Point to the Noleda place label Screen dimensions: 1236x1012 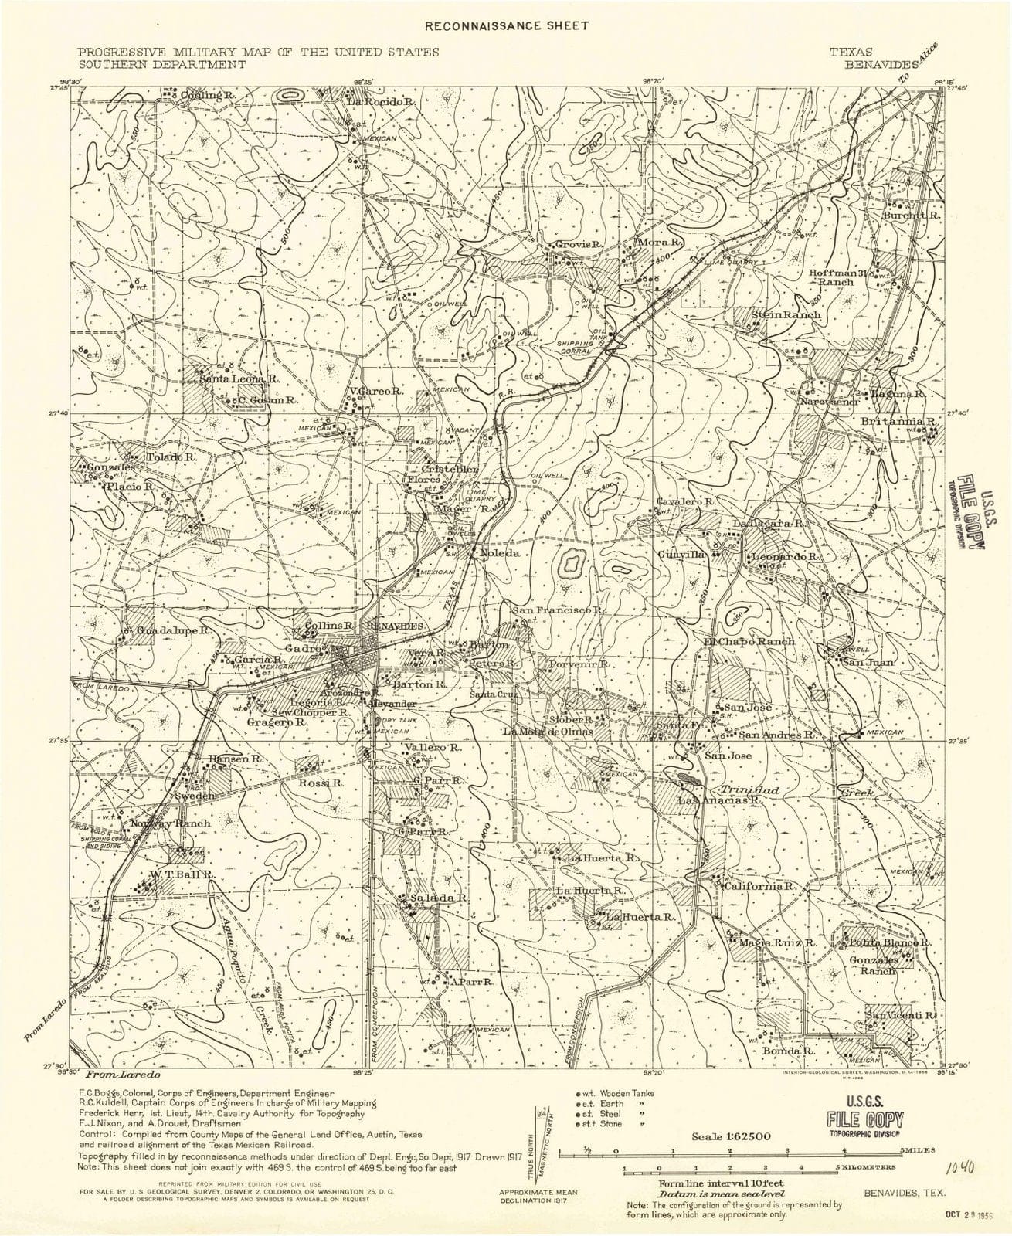pos(499,554)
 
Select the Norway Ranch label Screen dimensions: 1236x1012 pos(171,823)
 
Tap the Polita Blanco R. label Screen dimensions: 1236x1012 pos(891,943)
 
